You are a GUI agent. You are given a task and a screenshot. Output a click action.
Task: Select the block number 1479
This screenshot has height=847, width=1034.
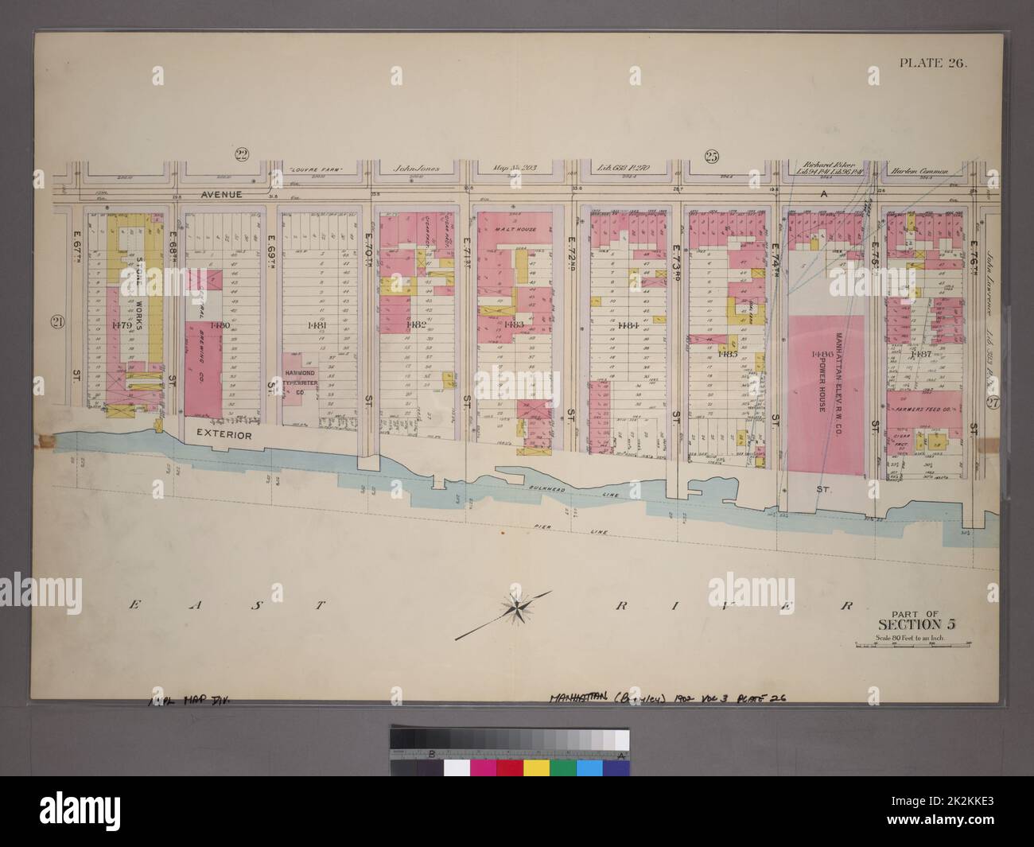coord(124,325)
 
